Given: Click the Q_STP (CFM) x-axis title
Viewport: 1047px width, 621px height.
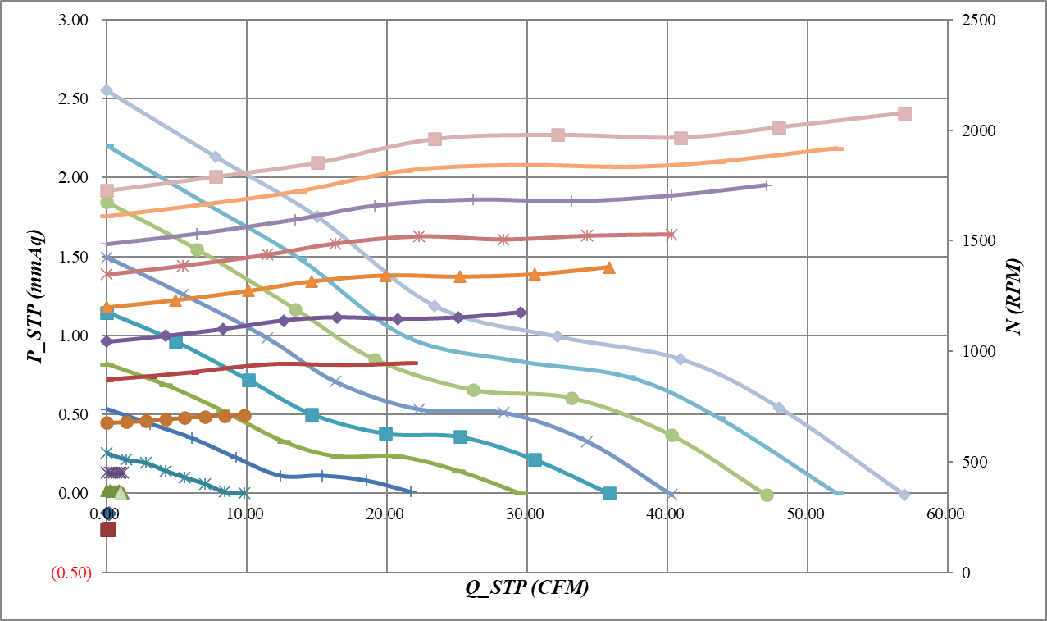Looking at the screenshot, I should pyautogui.click(x=528, y=587).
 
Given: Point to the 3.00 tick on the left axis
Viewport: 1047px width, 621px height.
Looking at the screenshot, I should pyautogui.click(x=74, y=20).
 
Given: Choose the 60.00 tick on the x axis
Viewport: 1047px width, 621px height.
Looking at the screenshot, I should pyautogui.click(x=947, y=514).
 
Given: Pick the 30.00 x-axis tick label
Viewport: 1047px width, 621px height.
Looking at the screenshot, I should pyautogui.click(x=526, y=514).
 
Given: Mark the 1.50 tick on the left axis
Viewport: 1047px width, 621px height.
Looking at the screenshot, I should pyautogui.click(x=74, y=257).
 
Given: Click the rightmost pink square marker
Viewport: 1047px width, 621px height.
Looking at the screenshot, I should pyautogui.click(x=904, y=113).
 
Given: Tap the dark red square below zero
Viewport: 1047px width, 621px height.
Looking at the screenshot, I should pyautogui.click(x=107, y=529).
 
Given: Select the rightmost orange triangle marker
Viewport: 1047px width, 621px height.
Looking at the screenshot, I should pyautogui.click(x=609, y=267).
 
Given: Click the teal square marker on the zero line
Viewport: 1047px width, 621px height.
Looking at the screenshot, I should pyautogui.click(x=609, y=493).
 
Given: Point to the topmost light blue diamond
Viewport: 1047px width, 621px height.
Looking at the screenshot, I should pyautogui.click(x=107, y=90).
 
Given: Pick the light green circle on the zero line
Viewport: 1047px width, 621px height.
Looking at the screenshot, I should pyautogui.click(x=767, y=495).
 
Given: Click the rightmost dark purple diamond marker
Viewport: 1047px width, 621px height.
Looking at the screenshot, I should pyautogui.click(x=521, y=313).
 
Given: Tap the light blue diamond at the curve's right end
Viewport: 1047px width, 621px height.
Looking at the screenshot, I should pyautogui.click(x=904, y=494).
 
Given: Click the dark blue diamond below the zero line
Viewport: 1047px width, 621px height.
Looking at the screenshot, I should pyautogui.click(x=107, y=514).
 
